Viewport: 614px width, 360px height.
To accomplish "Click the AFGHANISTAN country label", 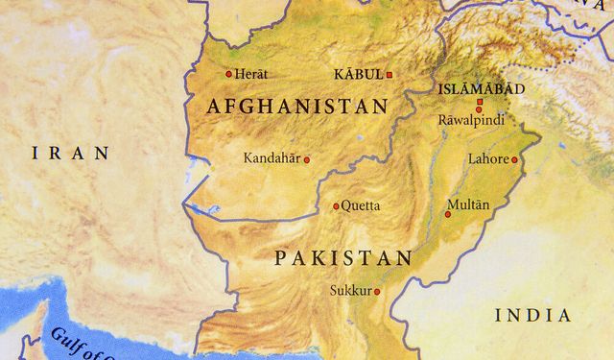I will pyautogui.click(x=297, y=107).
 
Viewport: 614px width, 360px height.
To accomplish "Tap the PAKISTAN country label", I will pyautogui.click(x=342, y=257).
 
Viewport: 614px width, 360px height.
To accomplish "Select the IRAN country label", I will pyautogui.click(x=70, y=153).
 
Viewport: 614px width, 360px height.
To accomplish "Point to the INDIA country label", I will pyautogui.click(x=532, y=315).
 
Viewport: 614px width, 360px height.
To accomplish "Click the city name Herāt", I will pyautogui.click(x=252, y=74).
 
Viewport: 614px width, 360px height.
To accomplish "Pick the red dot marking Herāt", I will pyautogui.click(x=228, y=74).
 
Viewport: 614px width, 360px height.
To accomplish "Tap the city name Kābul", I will pyautogui.click(x=358, y=74).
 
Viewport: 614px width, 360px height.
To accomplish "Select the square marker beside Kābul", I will pyautogui.click(x=390, y=74).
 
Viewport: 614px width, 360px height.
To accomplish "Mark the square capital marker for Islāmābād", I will pyautogui.click(x=479, y=101).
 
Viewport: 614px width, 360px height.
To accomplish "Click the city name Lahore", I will pyautogui.click(x=487, y=159).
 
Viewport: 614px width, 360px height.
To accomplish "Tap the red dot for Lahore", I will pyautogui.click(x=514, y=160).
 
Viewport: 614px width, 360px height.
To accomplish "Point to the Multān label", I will pyautogui.click(x=468, y=204).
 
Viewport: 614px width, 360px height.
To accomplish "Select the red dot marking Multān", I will pyautogui.click(x=447, y=214).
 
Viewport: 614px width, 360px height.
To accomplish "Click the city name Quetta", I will pyautogui.click(x=361, y=205).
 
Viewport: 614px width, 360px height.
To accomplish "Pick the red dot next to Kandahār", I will pyautogui.click(x=307, y=159).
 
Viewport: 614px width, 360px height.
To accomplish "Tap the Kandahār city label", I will pyautogui.click(x=272, y=157).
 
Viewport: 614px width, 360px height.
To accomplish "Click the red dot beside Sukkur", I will pyautogui.click(x=377, y=291).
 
